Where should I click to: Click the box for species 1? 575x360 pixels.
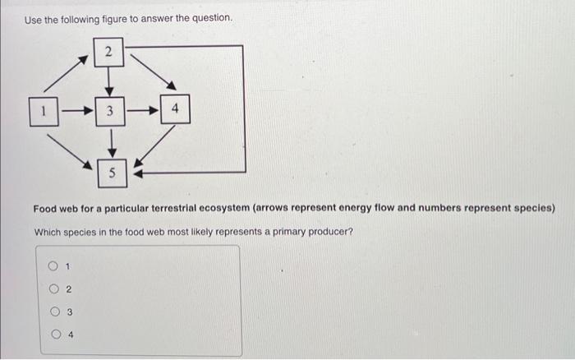43,109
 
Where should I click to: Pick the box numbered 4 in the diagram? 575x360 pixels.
175,108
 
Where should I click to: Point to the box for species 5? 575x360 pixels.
112,172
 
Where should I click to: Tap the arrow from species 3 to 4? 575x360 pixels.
141,109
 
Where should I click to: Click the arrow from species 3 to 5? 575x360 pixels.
110,141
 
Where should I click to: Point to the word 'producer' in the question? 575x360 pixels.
330,232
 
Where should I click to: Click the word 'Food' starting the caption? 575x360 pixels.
46,209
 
